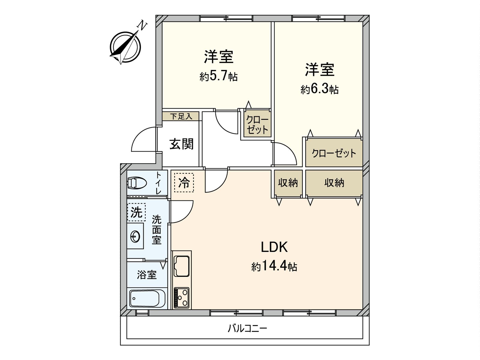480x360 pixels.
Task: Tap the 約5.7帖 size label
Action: [219, 76]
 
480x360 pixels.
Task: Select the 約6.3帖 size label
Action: [319, 89]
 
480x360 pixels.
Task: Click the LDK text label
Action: [274, 247]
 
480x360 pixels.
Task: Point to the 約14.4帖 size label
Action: [274, 266]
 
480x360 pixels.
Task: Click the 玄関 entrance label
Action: [181, 144]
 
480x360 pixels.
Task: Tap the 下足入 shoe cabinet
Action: [181, 116]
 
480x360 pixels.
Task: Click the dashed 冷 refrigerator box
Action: [184, 182]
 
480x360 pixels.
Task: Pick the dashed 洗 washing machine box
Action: [136, 212]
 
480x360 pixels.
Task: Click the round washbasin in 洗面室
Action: [135, 237]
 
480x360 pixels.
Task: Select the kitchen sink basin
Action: [181, 266]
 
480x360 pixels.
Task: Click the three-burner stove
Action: [181, 297]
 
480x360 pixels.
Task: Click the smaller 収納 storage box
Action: [288, 183]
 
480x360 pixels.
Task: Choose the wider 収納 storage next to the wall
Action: [334, 183]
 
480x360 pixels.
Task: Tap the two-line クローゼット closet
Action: [257, 124]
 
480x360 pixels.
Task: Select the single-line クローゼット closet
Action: [334, 153]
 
